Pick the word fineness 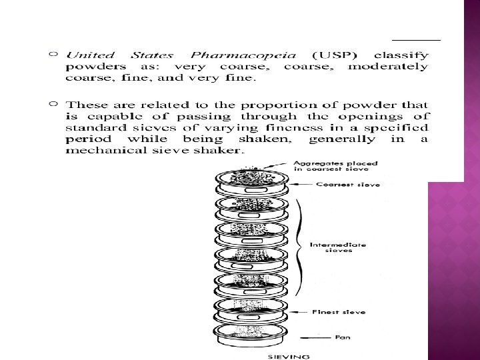pos(275,127)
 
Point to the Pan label pos(341,337)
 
